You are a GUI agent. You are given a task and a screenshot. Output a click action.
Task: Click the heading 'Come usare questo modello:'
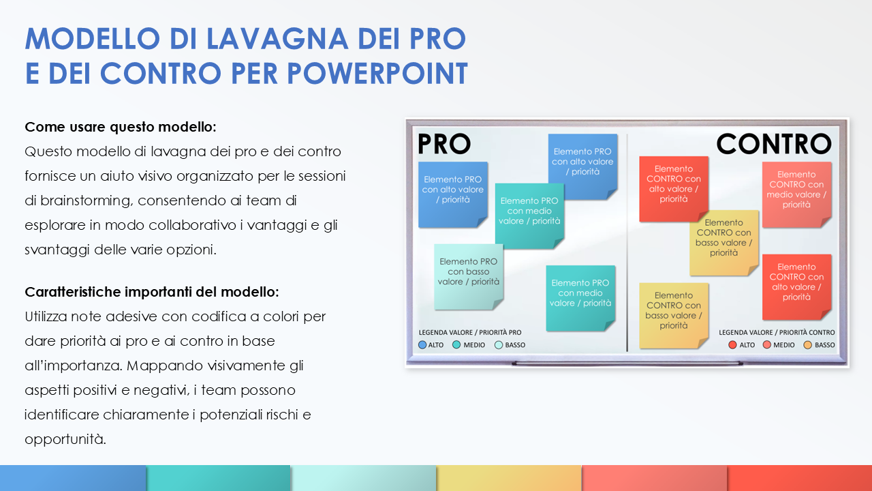(121, 128)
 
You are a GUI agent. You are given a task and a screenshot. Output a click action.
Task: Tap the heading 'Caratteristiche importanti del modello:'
(151, 292)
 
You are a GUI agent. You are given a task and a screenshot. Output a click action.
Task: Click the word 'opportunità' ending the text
(65, 439)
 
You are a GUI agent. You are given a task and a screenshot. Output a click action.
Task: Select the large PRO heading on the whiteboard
(443, 144)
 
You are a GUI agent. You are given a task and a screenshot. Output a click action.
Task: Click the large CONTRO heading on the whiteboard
(773, 144)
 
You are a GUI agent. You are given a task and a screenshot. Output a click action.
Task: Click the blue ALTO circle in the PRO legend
(422, 345)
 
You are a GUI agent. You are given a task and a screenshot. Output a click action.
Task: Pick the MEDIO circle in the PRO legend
(456, 345)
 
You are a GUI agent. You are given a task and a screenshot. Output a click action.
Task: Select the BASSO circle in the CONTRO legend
(808, 345)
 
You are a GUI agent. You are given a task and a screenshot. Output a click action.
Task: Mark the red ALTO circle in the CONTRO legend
(732, 345)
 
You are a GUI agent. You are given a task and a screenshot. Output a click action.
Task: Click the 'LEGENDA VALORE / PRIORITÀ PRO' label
(469, 333)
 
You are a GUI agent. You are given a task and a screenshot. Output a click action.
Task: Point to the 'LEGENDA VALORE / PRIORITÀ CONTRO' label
(777, 333)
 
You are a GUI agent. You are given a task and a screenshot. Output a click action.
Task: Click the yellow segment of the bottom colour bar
(508, 478)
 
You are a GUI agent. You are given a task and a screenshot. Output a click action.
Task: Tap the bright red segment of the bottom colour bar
(799, 478)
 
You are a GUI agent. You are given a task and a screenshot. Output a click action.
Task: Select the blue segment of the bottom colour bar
(72, 478)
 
